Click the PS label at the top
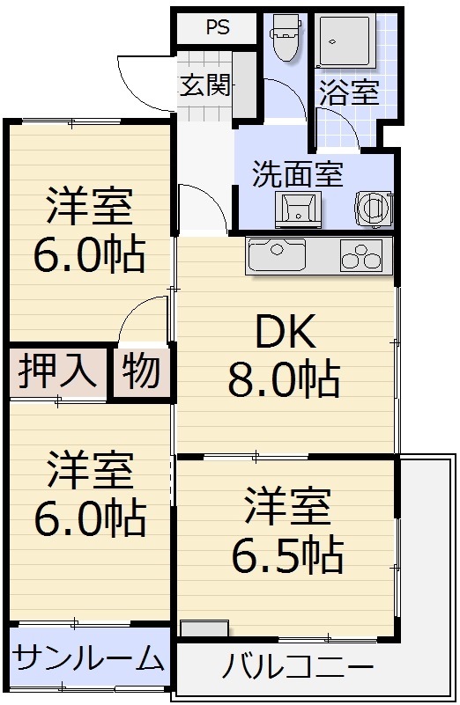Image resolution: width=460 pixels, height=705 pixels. pyautogui.click(x=218, y=27)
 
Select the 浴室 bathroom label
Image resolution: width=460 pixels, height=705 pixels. pyautogui.click(x=349, y=93)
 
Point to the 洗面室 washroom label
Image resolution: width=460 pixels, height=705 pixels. pyautogui.click(x=297, y=173)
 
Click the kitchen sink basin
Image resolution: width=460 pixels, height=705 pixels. pyautogui.click(x=276, y=256)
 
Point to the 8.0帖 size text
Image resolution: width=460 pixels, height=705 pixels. pyautogui.click(x=283, y=379)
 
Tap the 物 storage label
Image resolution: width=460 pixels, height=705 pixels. pyautogui.click(x=141, y=371)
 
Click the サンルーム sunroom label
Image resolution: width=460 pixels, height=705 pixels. pyautogui.click(x=90, y=657)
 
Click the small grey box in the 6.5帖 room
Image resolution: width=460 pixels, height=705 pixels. pyautogui.click(x=204, y=628)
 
